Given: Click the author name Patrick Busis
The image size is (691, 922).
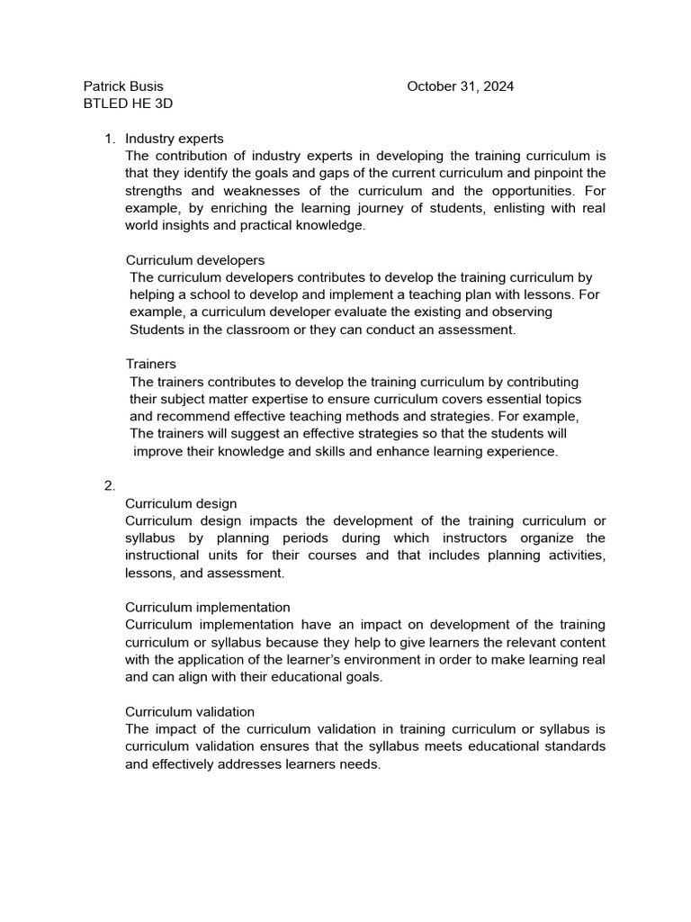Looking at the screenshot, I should (x=123, y=86).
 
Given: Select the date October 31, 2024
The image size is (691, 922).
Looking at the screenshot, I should (x=460, y=86).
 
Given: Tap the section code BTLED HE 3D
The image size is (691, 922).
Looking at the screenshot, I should (x=128, y=104).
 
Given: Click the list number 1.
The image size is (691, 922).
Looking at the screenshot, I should (x=110, y=139).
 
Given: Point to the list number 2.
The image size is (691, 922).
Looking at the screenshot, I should (x=110, y=486).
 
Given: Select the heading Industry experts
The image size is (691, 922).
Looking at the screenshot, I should (x=175, y=139).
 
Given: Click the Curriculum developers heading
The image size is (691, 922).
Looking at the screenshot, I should (x=195, y=260).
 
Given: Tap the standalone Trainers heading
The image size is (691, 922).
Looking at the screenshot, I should (x=150, y=365).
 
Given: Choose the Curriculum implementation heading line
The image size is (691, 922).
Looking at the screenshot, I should (x=208, y=608).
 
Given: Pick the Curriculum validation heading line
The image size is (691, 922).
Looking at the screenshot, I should (x=190, y=712).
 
